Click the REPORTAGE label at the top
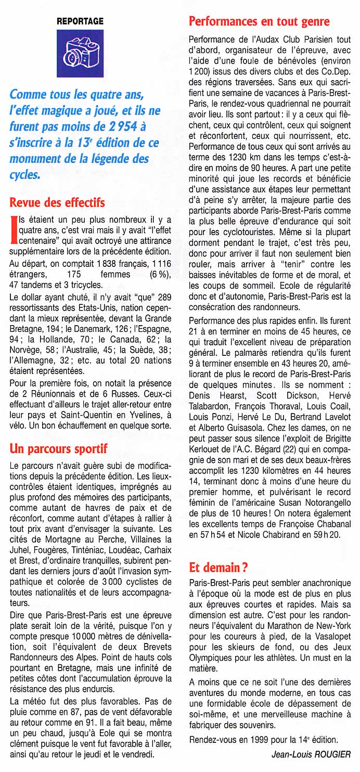tap(80, 21)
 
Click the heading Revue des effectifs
tap(57, 202)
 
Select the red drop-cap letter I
tap(14, 231)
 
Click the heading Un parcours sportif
tap(58, 448)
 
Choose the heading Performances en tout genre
tap(259, 21)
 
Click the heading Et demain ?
tap(215, 567)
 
